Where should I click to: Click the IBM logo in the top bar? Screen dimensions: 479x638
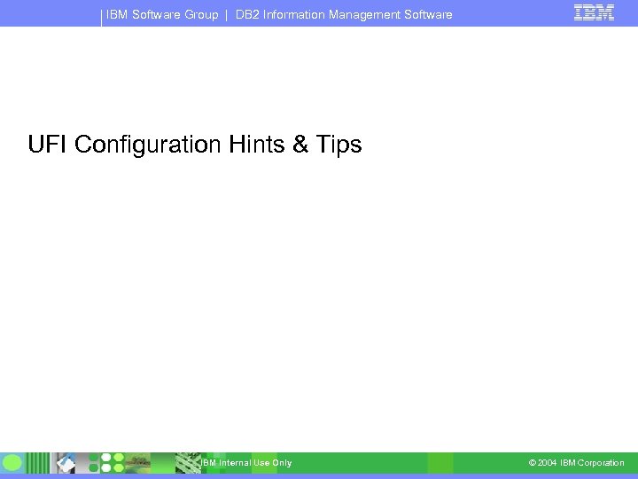click(x=594, y=12)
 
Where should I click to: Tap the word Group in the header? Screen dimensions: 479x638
click(x=200, y=15)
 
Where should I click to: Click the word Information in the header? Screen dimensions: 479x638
click(x=294, y=15)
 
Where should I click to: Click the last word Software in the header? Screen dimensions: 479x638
click(x=427, y=15)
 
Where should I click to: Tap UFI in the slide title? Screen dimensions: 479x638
click(x=48, y=145)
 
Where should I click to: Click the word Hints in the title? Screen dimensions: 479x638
click(x=249, y=145)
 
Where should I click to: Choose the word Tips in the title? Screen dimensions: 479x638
click(x=338, y=145)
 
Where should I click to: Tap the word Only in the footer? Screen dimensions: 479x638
click(x=282, y=463)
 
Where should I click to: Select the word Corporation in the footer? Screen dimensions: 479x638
click(x=601, y=463)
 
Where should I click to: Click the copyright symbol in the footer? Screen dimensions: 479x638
click(x=532, y=463)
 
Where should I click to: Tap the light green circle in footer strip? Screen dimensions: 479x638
click(x=12, y=462)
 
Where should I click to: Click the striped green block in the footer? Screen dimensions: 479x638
click(x=188, y=462)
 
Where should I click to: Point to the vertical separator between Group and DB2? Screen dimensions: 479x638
click(x=227, y=15)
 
